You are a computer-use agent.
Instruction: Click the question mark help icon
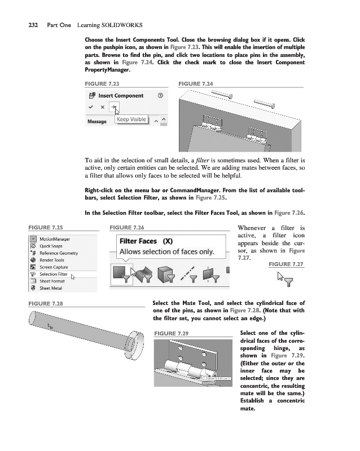(161, 95)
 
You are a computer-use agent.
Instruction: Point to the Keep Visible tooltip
(131, 120)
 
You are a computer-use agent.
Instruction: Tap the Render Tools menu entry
(51, 260)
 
